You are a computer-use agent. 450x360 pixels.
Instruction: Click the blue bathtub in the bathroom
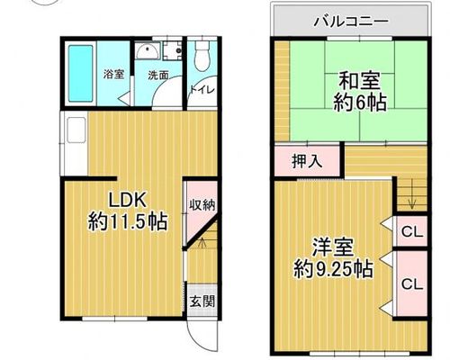[x=80, y=74]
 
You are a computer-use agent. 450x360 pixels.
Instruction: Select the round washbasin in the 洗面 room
[x=148, y=51]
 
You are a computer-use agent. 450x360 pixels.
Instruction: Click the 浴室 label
[x=113, y=74]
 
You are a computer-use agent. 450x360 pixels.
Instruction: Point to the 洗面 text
[x=158, y=76]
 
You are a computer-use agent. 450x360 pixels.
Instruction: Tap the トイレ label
[x=202, y=90]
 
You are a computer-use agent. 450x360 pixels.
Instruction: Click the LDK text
[x=127, y=200]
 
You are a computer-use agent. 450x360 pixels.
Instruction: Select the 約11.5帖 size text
[x=128, y=222]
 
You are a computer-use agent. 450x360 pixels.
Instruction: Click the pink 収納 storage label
[x=202, y=205]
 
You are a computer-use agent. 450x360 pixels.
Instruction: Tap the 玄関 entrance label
[x=202, y=301]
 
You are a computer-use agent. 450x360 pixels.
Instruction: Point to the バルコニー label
[x=351, y=22]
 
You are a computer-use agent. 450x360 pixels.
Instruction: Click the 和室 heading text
[x=359, y=80]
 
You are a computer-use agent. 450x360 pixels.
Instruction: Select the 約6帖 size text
[x=359, y=103]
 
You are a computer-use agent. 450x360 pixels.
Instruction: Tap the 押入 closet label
[x=307, y=162]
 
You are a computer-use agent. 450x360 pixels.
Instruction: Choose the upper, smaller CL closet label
[x=412, y=232]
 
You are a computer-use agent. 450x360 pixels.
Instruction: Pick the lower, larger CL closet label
[x=412, y=283]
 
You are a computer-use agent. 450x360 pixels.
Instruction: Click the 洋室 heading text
[x=333, y=247]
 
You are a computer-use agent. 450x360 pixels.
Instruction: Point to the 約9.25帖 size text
[x=333, y=269]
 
